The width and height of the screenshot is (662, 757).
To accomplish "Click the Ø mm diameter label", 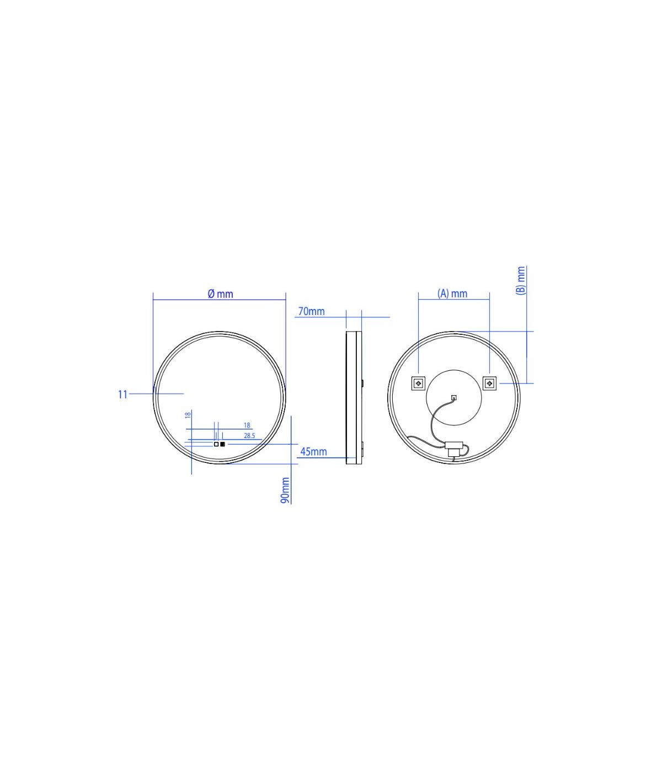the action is coord(221,294).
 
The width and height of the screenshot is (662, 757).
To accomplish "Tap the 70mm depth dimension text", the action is coord(311,312).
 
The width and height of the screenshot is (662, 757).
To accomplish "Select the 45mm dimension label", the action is coord(313,452).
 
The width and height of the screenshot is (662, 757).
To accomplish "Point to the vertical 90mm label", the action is coord(285,491).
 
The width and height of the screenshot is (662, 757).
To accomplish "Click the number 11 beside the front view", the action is coord(123,395).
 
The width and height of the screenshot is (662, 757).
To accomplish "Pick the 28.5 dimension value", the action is coord(249,436).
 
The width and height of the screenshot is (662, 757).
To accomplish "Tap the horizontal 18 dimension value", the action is coord(247,425).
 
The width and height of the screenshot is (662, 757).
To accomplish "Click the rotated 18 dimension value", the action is coord(188,415).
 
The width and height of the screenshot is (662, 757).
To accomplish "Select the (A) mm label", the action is coord(452,294).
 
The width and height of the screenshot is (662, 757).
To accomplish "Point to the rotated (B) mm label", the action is coord(521,280).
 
